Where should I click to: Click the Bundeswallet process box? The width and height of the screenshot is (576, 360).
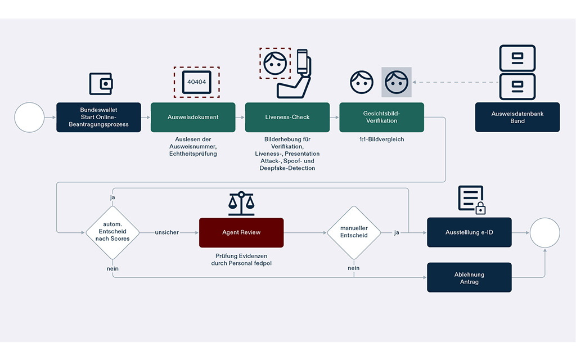[98, 117]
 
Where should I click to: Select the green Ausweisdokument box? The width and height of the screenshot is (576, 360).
[193, 117]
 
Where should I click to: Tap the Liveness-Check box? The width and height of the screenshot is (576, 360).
[287, 117]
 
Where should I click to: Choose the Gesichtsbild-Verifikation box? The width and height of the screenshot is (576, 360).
[381, 117]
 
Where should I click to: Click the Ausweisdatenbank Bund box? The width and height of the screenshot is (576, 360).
[517, 117]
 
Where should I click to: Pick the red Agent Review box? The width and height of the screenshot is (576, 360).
[241, 232]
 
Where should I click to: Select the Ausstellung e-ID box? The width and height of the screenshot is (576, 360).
[469, 232]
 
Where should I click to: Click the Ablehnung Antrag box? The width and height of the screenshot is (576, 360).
[469, 277]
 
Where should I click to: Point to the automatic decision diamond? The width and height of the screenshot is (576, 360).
[112, 232]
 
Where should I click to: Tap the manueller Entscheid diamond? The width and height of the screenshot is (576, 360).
[354, 232]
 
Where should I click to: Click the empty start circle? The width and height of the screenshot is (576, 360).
[29, 117]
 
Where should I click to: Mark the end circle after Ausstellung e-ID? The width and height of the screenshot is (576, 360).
[544, 232]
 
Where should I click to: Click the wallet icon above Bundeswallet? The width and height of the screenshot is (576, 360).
[101, 84]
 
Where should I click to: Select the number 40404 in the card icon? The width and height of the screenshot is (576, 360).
[196, 82]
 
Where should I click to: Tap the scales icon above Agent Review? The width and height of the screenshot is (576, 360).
[241, 204]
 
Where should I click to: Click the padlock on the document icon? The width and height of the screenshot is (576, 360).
[480, 209]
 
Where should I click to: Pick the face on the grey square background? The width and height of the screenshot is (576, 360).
[397, 82]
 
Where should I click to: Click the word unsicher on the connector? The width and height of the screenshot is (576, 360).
[167, 232]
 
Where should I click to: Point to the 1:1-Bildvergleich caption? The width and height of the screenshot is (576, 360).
[381, 139]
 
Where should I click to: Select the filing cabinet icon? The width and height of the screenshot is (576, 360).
[517, 72]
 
